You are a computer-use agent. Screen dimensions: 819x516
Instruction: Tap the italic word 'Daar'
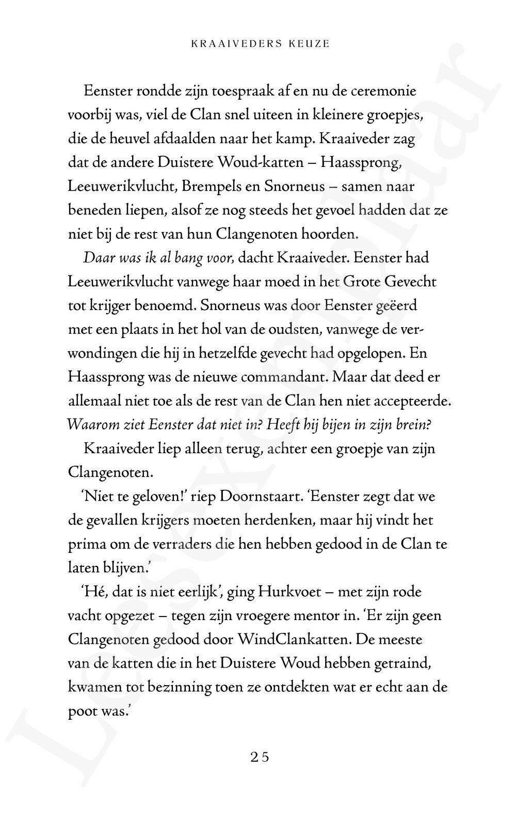pyautogui.click(x=96, y=258)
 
